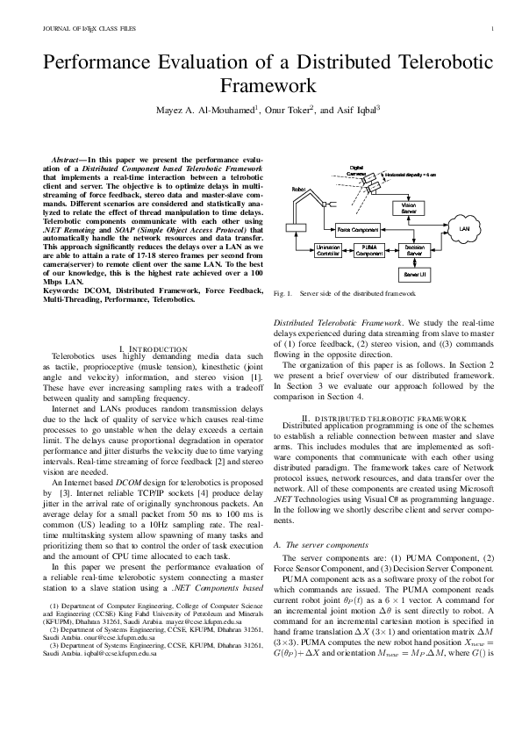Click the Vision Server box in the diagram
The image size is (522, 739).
[x=409, y=208]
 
